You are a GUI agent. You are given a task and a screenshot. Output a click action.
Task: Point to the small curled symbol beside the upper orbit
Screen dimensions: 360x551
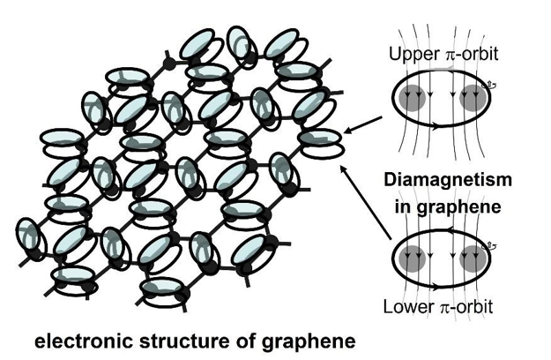[493, 86]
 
